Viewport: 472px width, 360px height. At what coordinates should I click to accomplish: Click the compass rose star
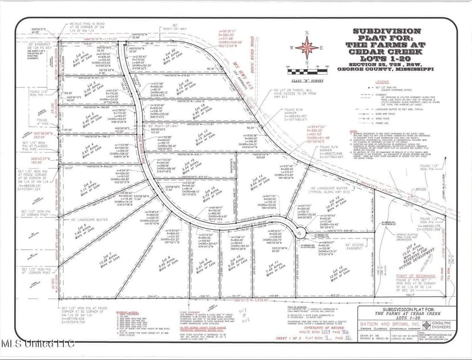click(307, 47)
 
